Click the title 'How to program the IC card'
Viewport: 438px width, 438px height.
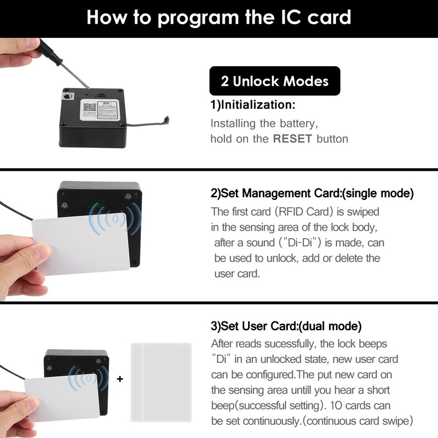coord(219,18)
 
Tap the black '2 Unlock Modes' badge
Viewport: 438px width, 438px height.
coord(275,82)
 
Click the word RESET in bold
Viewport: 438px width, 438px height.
coord(292,139)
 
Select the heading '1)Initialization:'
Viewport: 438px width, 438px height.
coord(253,105)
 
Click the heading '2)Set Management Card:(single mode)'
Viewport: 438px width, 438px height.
coord(312,194)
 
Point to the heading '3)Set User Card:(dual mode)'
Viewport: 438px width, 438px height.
coord(286,326)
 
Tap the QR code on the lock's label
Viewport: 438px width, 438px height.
coord(89,108)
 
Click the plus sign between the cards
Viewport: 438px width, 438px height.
coord(120,378)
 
